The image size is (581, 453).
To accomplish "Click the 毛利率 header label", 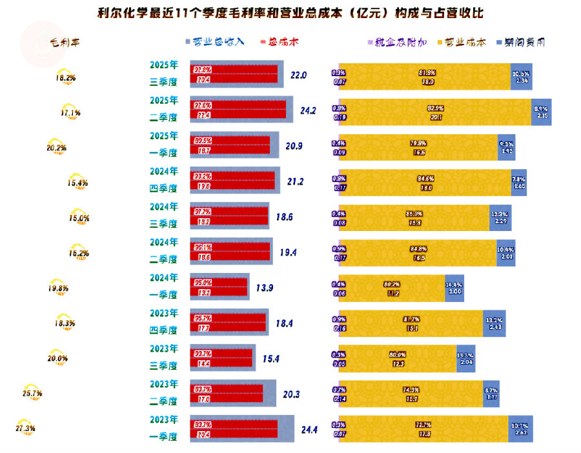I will click(x=65, y=42).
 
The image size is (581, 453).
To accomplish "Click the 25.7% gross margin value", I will click(x=32, y=392).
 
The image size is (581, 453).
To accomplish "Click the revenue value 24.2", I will click(x=308, y=110).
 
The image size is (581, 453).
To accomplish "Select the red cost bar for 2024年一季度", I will click(x=219, y=287).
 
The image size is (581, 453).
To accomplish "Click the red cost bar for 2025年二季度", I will click(x=238, y=110).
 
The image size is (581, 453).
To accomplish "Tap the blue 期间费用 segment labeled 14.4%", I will click(x=454, y=288).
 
